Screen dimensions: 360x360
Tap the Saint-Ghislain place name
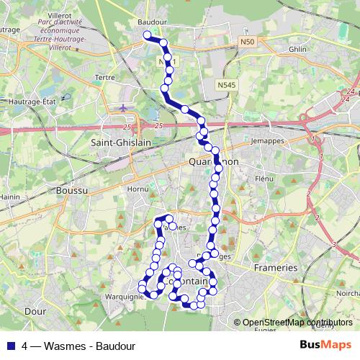120,143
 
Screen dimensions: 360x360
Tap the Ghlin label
297,48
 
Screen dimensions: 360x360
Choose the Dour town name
35,312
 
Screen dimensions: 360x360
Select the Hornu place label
137,189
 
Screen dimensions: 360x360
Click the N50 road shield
248,42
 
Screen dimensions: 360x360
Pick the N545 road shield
226,85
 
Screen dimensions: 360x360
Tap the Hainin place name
9,196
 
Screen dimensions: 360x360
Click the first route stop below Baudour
147,35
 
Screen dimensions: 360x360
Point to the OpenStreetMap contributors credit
297,323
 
